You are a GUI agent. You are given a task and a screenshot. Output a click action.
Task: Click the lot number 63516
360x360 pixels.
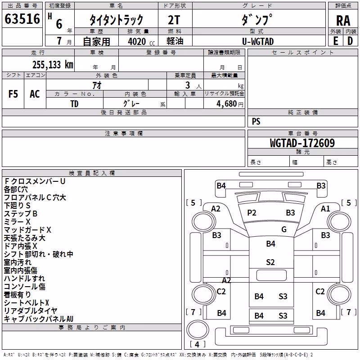coord(22,19)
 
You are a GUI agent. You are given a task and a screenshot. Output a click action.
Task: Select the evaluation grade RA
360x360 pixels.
coord(343,21)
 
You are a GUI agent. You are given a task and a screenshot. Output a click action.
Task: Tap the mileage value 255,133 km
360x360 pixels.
coord(53,65)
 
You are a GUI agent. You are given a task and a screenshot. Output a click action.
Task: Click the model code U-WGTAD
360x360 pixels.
coord(258,41)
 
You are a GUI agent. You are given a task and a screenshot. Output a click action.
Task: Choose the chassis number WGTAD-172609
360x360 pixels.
coord(302,143)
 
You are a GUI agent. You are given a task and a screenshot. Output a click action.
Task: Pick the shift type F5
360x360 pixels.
coord(13,94)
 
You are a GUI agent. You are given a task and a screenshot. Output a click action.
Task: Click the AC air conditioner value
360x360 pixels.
coord(35,94)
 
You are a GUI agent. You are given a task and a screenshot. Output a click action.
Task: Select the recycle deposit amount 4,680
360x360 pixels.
coord(227,104)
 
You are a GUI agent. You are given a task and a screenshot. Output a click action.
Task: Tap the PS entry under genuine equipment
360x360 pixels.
coord(256,121)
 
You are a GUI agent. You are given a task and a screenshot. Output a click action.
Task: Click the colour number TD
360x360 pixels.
coord(74,104)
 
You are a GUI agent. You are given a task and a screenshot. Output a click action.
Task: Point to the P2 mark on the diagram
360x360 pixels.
coord(252,212)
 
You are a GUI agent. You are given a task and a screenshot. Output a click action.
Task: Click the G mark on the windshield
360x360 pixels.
coord(284,229)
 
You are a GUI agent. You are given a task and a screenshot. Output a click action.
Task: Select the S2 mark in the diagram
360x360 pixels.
coord(270,262)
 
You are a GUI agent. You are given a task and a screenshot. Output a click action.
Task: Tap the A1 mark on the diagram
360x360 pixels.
coord(325,208)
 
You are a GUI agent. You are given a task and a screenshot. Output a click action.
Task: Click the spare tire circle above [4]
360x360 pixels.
coord(198,329)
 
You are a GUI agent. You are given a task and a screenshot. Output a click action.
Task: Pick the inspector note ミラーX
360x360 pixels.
coord(17,222)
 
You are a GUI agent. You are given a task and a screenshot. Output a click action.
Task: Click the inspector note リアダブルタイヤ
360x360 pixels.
coord(31,310)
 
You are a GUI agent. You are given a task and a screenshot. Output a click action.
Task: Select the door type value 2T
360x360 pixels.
coord(174,20)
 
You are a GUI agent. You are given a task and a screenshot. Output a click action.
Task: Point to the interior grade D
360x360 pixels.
coord(350,41)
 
